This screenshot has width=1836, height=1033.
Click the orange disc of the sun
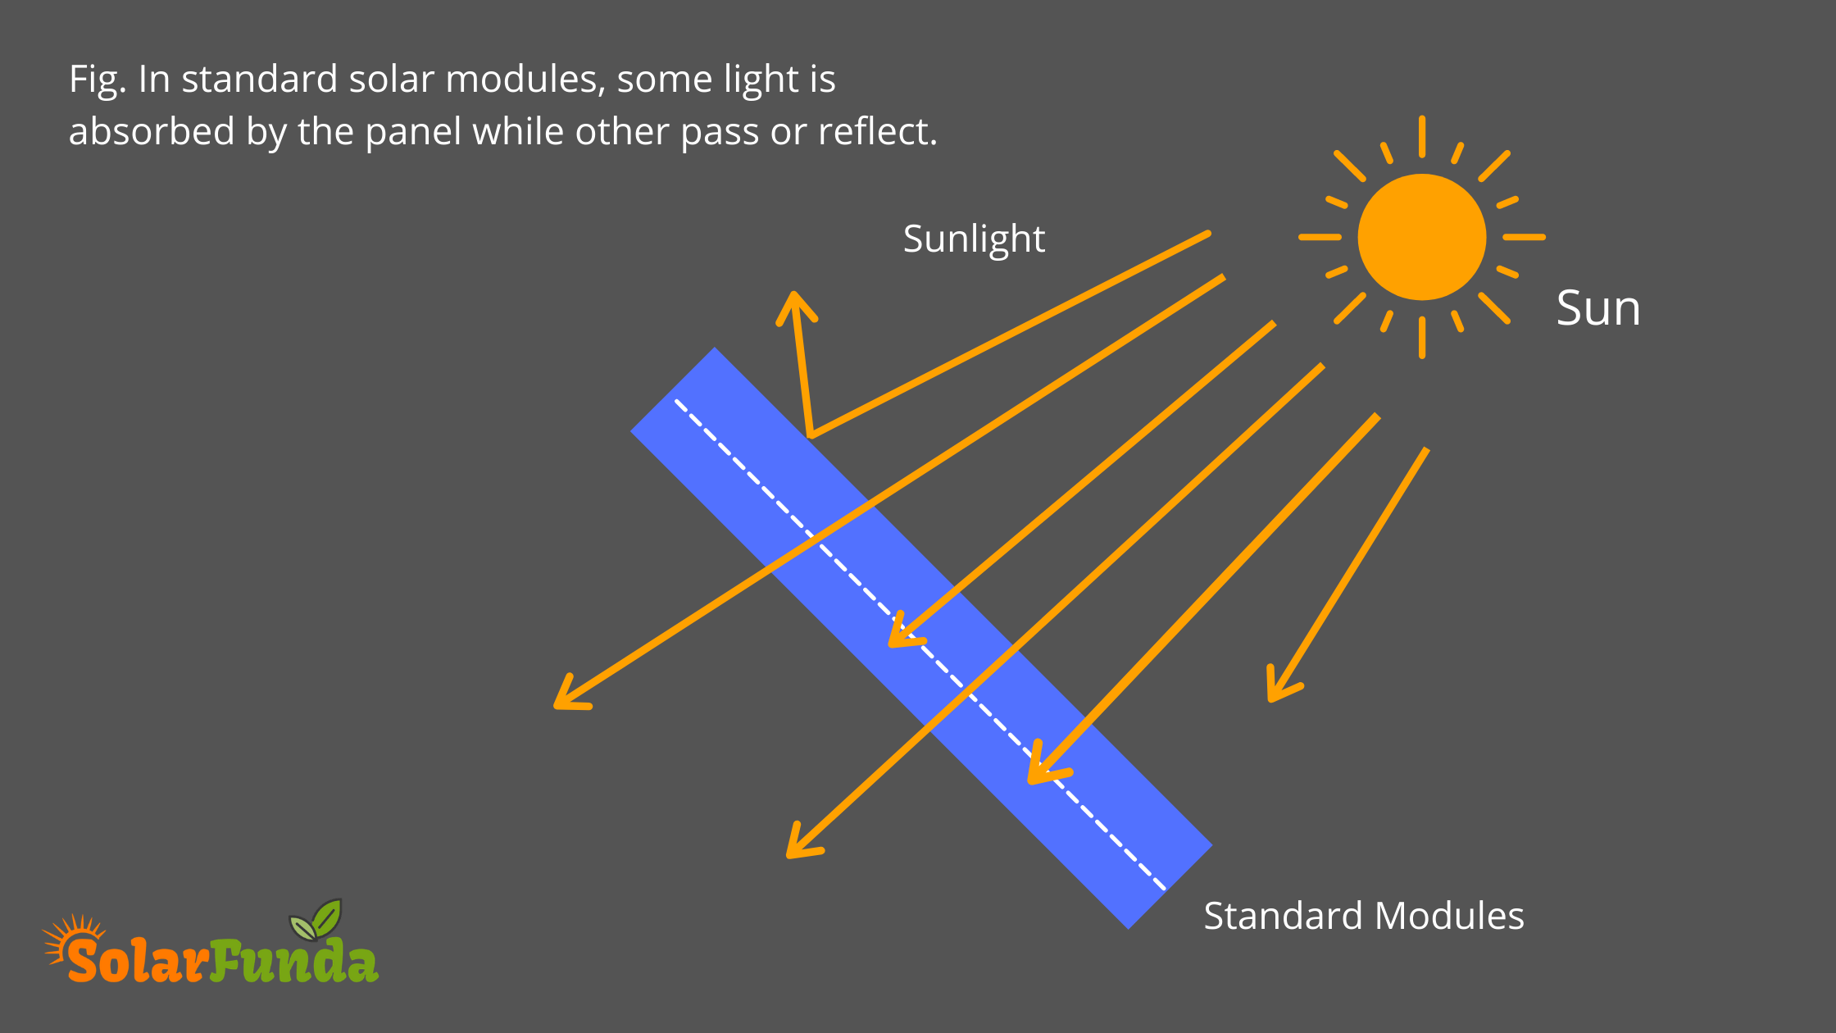1422,237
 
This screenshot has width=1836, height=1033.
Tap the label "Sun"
1598,308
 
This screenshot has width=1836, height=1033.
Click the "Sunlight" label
974,239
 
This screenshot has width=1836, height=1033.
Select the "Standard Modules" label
1364,916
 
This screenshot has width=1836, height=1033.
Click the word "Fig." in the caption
98,80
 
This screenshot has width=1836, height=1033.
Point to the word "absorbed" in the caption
152,131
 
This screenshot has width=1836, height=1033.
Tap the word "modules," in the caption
525,80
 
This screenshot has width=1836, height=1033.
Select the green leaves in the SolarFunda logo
316,920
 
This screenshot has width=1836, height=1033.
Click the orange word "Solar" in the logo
136,960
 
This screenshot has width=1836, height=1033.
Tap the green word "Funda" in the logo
293,960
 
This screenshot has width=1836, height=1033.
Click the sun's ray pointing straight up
1422,136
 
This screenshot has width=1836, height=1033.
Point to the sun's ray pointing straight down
1422,338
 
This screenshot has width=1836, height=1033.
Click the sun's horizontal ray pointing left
1320,237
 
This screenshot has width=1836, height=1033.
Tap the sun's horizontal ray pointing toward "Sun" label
1524,237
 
